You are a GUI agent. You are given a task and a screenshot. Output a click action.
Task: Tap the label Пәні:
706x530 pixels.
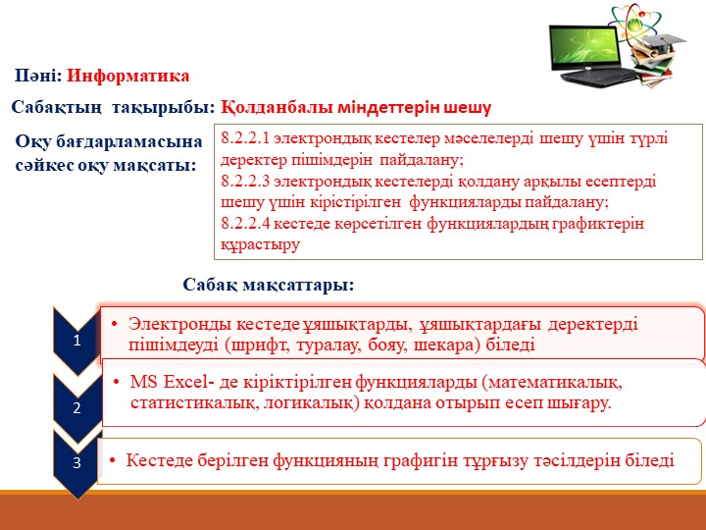click(38, 76)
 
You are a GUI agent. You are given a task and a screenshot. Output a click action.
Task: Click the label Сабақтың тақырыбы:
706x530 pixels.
click(112, 106)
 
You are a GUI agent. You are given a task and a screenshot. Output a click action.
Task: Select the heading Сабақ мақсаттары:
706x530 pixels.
click(267, 285)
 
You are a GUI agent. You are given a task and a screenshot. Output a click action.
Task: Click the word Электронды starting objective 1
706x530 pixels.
click(172, 324)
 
